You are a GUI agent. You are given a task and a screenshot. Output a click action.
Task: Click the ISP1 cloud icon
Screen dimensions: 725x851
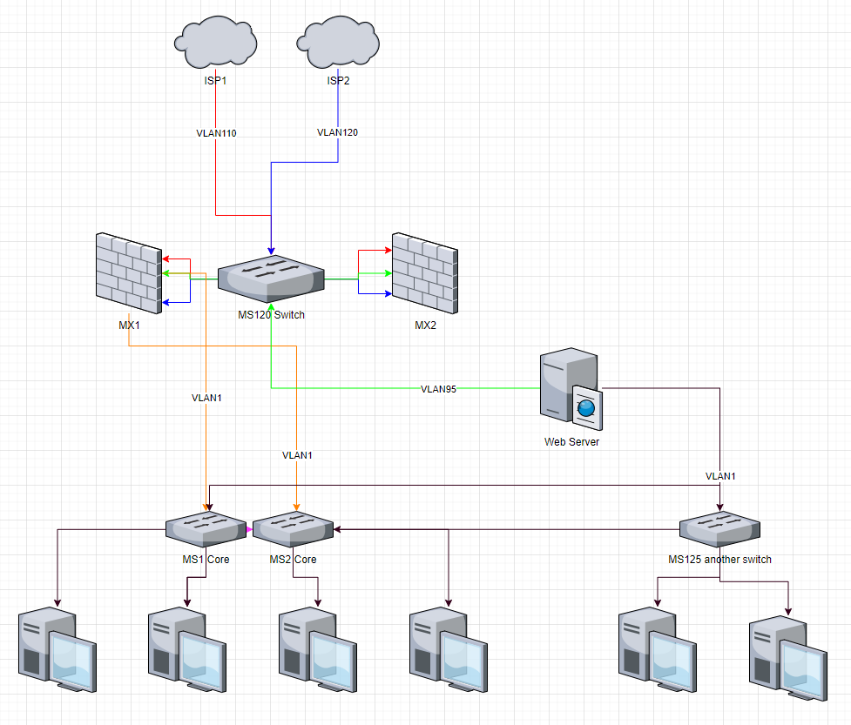click(216, 41)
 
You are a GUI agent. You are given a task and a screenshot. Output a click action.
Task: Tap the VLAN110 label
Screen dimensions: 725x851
click(216, 133)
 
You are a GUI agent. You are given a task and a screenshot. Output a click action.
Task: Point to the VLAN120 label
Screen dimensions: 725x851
click(337, 132)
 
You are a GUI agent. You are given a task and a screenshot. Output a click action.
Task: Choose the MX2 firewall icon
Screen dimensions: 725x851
click(424, 272)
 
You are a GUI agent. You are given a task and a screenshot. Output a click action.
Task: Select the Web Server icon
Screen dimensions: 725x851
click(570, 390)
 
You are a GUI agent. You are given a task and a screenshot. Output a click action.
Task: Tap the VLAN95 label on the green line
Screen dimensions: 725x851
click(438, 389)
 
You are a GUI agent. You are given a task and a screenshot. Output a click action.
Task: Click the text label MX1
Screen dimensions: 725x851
click(129, 325)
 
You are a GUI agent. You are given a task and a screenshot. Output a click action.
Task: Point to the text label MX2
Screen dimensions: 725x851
click(425, 325)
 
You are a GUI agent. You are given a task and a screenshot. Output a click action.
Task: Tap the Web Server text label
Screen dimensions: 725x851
click(571, 442)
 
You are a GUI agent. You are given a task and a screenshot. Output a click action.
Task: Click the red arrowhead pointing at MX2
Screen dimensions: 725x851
click(388, 251)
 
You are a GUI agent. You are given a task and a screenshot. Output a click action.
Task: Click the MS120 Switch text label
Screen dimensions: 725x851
click(271, 314)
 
